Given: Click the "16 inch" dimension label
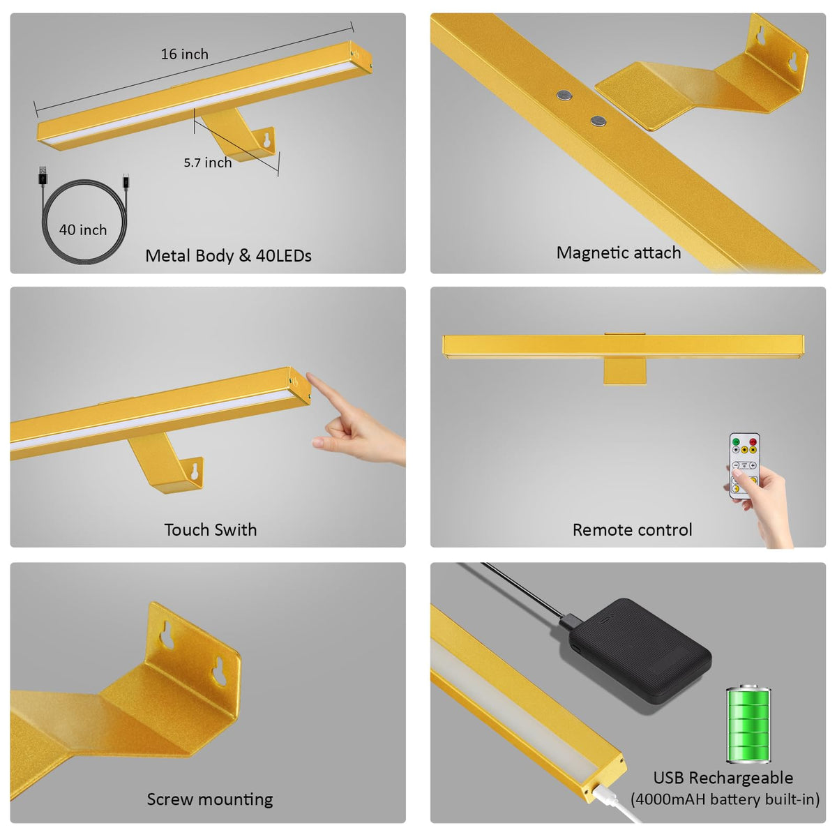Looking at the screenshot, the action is click(185, 54).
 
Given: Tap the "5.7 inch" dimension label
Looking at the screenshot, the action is click(208, 163).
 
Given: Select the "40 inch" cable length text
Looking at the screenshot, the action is click(83, 229).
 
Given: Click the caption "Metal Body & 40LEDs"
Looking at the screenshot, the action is click(228, 256).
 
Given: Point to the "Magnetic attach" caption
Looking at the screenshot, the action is click(619, 252).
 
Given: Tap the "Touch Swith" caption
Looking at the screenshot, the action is click(210, 530).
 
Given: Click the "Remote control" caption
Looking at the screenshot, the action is click(632, 530).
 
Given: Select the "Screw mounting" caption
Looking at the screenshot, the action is click(210, 799).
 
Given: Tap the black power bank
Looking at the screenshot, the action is click(640, 651).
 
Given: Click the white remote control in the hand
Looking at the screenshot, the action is click(744, 465).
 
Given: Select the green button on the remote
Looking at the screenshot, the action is click(736, 442).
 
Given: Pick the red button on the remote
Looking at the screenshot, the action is click(753, 442).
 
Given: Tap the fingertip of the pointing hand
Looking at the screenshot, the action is click(309, 375).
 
